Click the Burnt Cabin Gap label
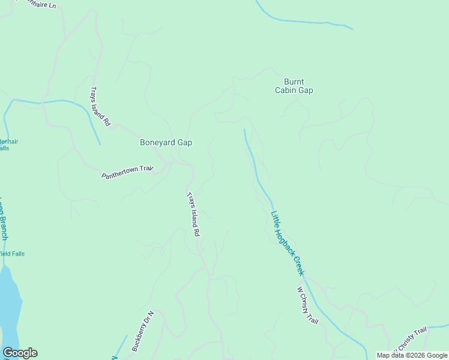[294, 86]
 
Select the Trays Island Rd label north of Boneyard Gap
[100, 106]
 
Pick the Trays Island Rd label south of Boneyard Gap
[193, 214]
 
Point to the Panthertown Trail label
[127, 172]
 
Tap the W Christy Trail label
[307, 306]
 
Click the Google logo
[20, 353]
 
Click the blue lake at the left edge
[10, 306]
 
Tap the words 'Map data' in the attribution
[390, 355]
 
